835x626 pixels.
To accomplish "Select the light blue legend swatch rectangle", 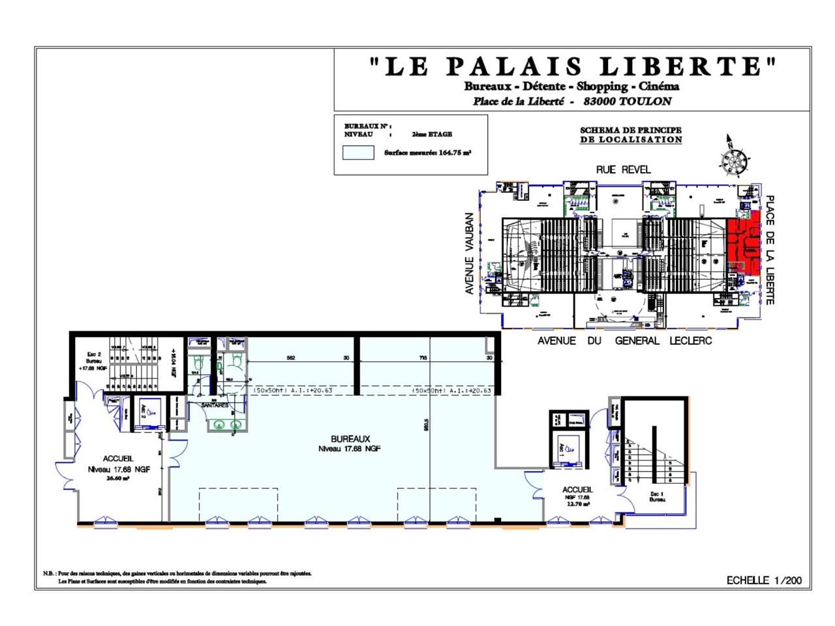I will tap(358, 153).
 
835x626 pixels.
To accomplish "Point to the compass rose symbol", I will tap(734, 158).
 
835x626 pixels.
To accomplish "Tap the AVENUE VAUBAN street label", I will tap(469, 254).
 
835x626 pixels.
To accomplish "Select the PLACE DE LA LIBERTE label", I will tap(770, 250).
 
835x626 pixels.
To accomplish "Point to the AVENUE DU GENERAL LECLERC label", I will tap(624, 341).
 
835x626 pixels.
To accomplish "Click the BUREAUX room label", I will tap(350, 440).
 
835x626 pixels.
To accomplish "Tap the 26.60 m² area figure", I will tap(118, 478).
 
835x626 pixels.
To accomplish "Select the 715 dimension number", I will tap(422, 357).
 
